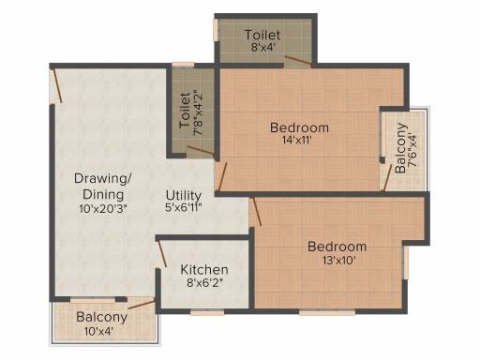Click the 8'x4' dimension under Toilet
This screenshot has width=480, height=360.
tap(262, 47)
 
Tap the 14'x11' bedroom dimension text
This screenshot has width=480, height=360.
tap(297, 140)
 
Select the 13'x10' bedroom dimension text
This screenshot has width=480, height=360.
tap(339, 260)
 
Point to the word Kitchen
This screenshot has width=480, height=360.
tap(204, 270)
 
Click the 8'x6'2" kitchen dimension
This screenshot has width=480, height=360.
tap(205, 283)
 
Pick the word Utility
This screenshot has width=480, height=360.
tap(184, 196)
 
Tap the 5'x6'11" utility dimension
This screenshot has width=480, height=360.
tap(184, 207)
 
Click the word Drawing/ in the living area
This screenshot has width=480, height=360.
tap(103, 178)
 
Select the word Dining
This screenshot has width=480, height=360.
tap(103, 194)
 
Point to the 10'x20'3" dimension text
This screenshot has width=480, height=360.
tap(103, 208)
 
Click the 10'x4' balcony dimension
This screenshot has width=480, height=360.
tap(98, 331)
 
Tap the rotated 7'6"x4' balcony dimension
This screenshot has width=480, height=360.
tap(412, 150)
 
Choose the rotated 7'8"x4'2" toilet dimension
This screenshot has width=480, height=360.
tap(198, 112)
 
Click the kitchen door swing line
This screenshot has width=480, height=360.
tap(162, 253)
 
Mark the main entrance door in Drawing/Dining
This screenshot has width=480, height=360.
tap(57, 85)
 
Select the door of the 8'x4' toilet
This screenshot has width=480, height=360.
tap(298, 61)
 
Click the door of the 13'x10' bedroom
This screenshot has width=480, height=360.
tap(257, 212)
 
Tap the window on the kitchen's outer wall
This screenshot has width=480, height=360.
tap(207, 312)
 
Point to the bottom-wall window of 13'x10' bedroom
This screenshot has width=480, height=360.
tap(327, 312)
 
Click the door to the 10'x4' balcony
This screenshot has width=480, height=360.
tap(142, 305)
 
